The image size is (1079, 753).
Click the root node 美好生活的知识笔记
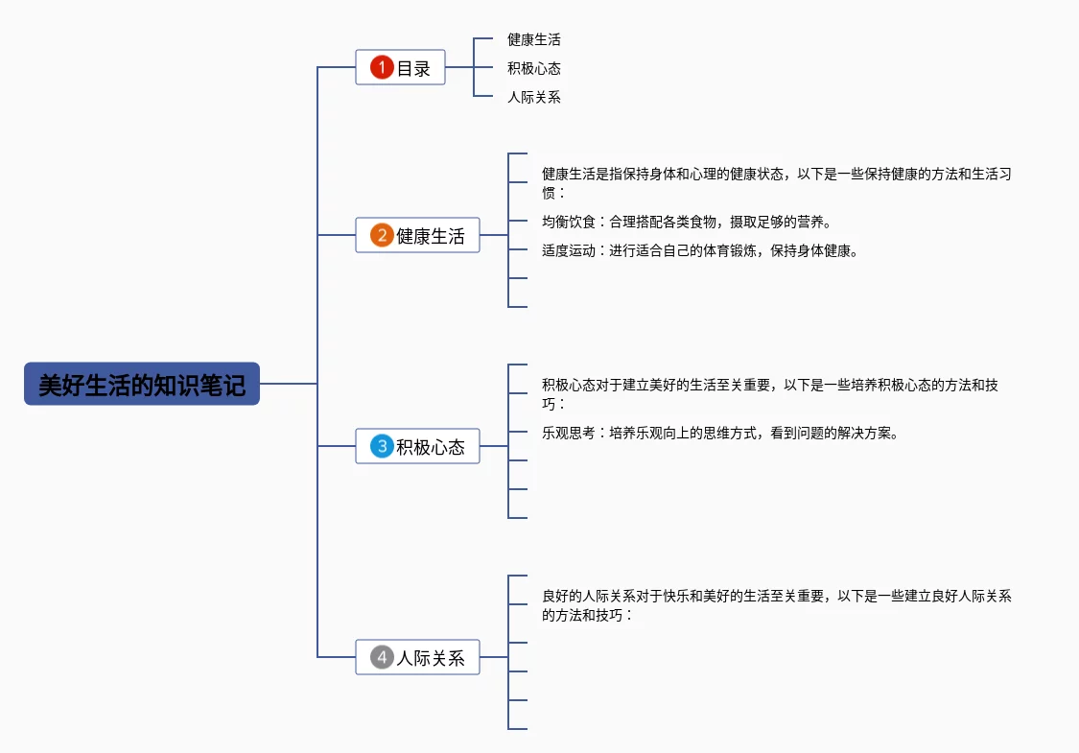click(x=142, y=384)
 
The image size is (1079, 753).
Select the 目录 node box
click(x=400, y=67)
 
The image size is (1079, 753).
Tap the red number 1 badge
click(x=382, y=67)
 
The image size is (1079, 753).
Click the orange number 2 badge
click(x=382, y=235)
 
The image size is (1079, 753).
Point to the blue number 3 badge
click(x=382, y=446)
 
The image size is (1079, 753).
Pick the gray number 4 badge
click(x=382, y=657)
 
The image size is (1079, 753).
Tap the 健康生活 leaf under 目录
click(x=534, y=39)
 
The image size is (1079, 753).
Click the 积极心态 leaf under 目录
click(x=534, y=68)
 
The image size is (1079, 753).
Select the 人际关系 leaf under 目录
click(x=534, y=97)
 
